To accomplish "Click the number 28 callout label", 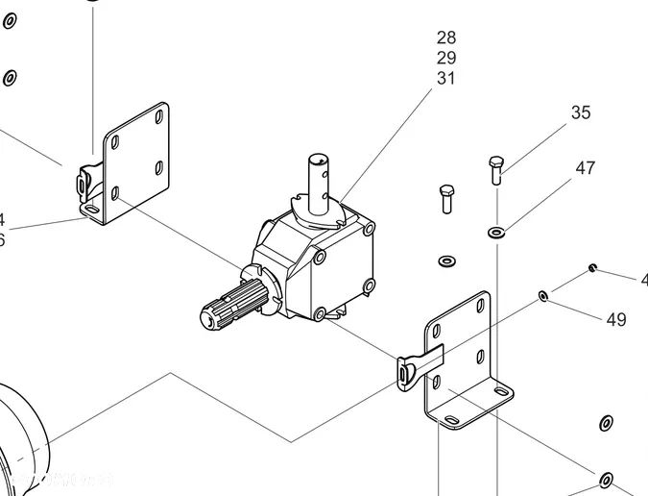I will point(446,37).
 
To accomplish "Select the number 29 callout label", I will point(446,58).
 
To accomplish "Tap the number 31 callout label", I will point(446,78).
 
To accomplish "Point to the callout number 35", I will point(581,112).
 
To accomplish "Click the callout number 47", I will point(586,168).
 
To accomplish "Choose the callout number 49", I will point(616,319).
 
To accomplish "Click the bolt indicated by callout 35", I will point(495,170).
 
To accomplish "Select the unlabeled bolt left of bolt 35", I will point(446,199).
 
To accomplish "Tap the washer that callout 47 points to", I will point(496,231).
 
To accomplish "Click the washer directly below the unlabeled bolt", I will point(446,260).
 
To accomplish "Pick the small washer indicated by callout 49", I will point(543,295).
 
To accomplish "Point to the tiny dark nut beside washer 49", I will point(594,267).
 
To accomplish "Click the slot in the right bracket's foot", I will point(449,420).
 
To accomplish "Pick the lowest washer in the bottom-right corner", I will point(606,480).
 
